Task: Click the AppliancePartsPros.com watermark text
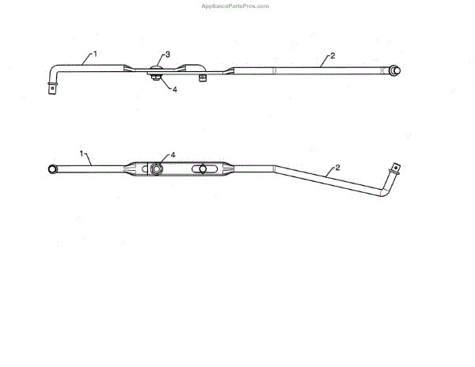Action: (x=237, y=6)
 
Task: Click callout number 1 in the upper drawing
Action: (x=95, y=53)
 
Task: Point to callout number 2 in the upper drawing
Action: (x=332, y=55)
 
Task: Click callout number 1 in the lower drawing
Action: (x=82, y=151)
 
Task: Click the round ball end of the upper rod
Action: (x=393, y=70)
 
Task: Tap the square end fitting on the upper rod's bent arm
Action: (x=53, y=91)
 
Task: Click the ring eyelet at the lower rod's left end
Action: (x=54, y=169)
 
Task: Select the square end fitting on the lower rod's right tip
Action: (x=395, y=168)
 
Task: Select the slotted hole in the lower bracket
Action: (x=203, y=169)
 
